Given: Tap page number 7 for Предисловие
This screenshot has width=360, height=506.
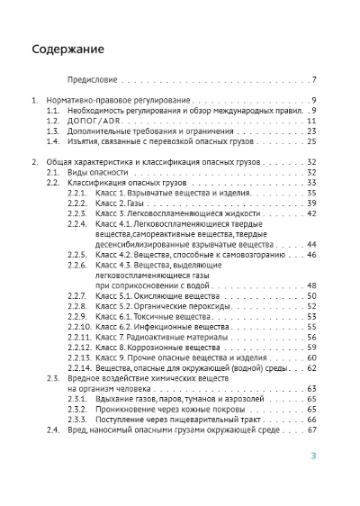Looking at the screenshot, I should click(x=313, y=79).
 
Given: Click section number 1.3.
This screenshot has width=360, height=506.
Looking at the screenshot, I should click(x=53, y=131).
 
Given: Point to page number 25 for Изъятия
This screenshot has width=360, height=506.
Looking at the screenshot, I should click(x=311, y=141).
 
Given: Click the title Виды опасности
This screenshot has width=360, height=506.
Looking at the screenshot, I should click(x=95, y=171).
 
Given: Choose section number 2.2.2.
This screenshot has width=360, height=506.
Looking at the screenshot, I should click(x=78, y=203).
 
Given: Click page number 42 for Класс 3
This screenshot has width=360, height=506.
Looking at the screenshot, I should click(x=311, y=213).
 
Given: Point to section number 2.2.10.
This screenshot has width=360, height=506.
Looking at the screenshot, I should click(x=80, y=327).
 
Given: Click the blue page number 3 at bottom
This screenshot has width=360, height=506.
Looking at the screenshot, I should click(x=313, y=456).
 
